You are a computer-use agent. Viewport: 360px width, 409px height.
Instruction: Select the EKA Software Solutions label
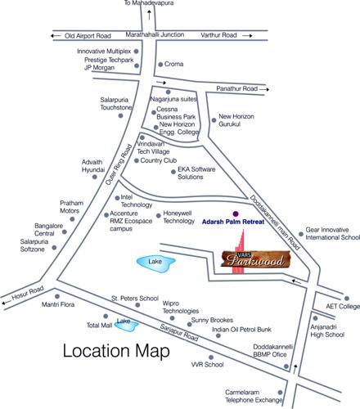(201, 173)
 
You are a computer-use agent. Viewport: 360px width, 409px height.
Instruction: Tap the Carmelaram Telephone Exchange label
(256, 398)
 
